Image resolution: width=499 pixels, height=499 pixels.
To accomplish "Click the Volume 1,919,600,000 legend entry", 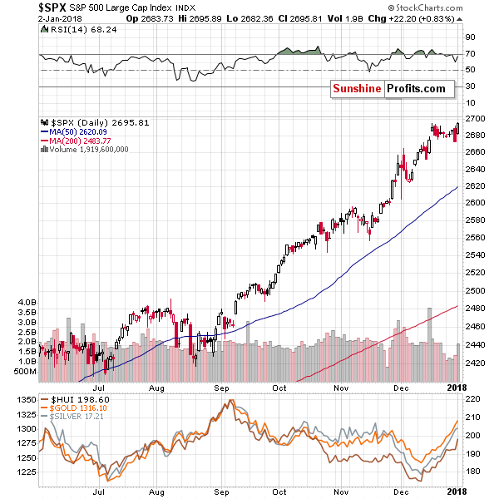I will tap(90, 150).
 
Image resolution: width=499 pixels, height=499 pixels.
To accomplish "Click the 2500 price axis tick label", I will tap(475, 291).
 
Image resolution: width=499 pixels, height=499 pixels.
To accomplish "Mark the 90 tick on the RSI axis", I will tap(470, 37).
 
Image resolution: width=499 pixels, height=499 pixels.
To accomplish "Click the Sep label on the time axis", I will tap(222, 387).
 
